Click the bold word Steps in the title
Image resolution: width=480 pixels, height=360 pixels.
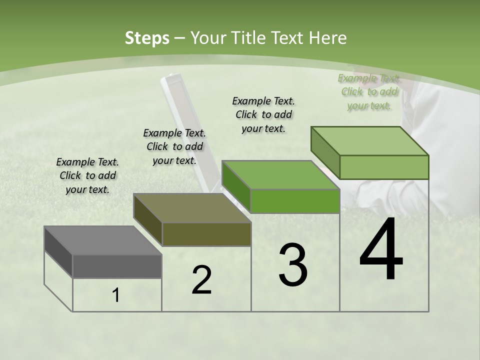(146, 38)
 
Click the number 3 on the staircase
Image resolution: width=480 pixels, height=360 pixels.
(292, 265)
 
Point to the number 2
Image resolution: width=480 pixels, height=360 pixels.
(201, 280)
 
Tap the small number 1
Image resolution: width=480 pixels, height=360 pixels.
(116, 295)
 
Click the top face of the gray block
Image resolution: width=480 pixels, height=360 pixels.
(102, 240)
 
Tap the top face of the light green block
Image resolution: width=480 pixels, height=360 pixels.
(370, 141)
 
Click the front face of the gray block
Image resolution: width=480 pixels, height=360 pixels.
(117, 266)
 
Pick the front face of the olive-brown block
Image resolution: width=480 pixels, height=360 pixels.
(206, 234)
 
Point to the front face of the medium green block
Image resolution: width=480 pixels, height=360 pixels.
(295, 201)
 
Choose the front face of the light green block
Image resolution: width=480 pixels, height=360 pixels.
(384, 167)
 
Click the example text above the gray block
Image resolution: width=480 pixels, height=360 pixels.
(87, 175)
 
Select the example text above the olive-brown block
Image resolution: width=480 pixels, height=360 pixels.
(174, 146)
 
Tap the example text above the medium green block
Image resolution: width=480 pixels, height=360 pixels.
(263, 114)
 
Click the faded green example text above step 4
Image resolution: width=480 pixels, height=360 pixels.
(369, 91)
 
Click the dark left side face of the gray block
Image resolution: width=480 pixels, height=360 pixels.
(58, 251)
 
